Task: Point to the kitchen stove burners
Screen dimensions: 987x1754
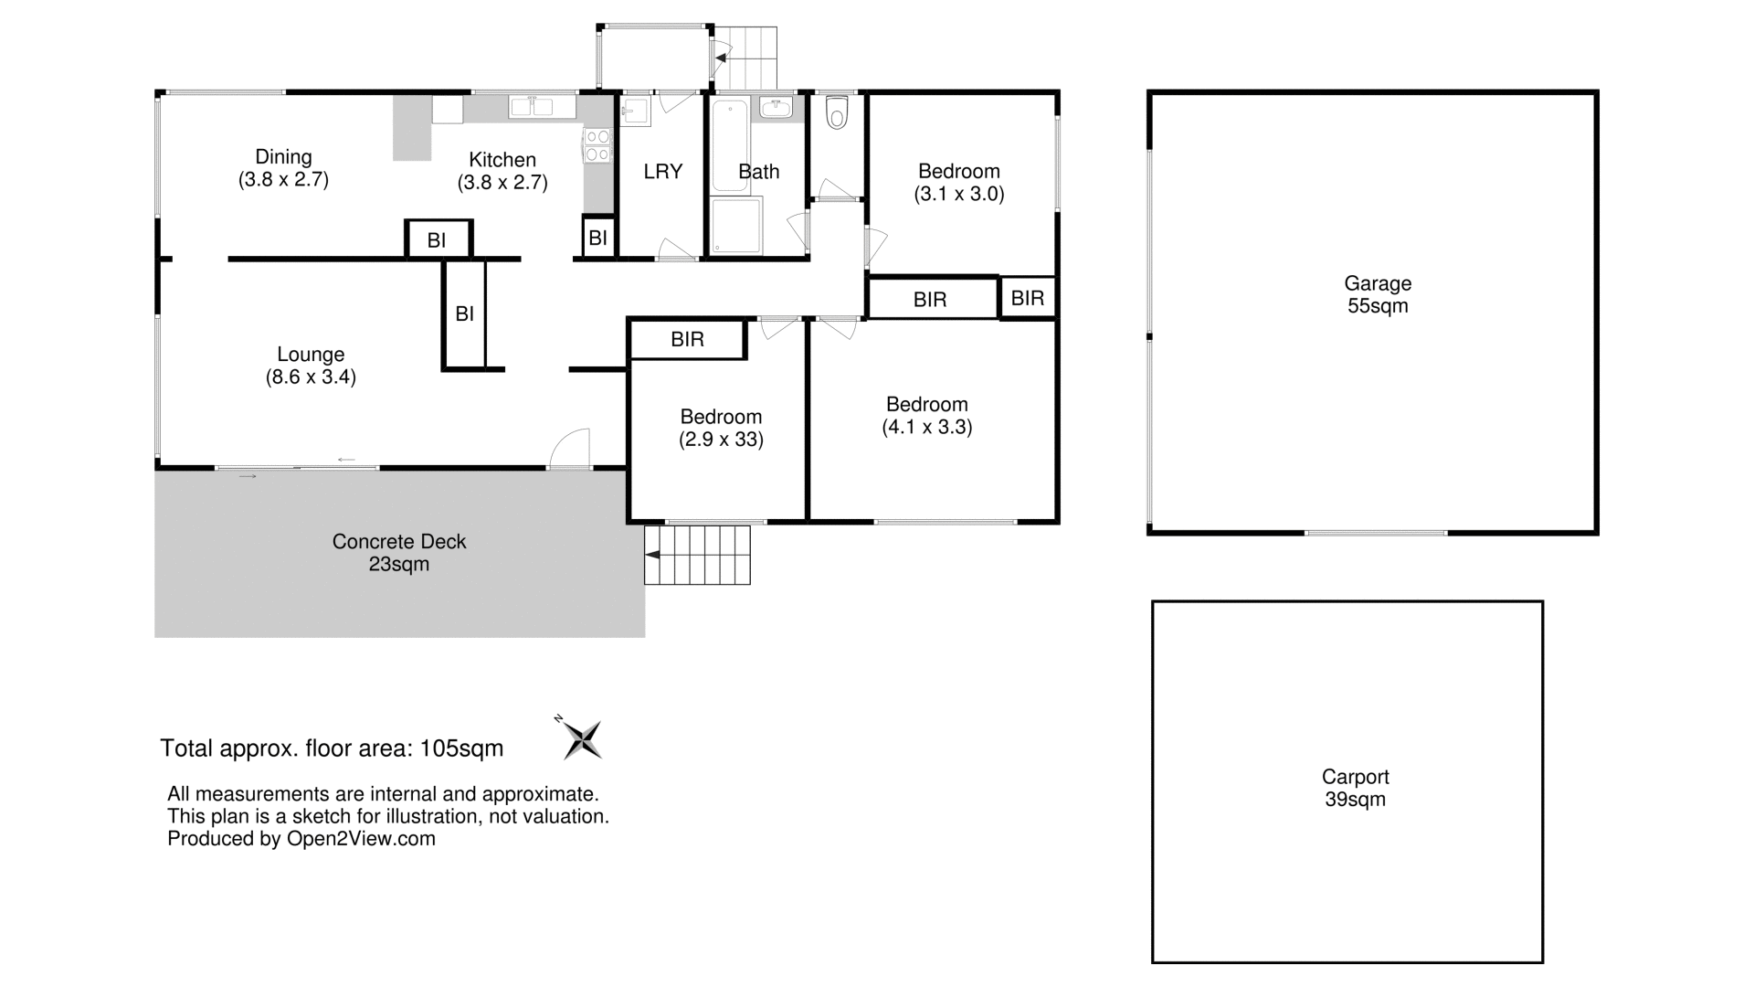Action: [597, 145]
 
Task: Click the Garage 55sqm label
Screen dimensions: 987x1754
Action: [1378, 294]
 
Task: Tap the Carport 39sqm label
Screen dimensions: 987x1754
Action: [1355, 788]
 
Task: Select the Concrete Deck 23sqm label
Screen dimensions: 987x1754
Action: [399, 553]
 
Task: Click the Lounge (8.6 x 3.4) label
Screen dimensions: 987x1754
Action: [311, 366]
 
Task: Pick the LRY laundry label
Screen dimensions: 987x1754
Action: [662, 171]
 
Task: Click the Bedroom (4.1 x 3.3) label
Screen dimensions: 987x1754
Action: [926, 415]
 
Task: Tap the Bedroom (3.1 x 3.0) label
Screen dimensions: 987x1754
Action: [958, 182]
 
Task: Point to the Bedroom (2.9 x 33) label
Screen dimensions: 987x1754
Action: [721, 428]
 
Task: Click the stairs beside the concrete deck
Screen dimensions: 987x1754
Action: [698, 554]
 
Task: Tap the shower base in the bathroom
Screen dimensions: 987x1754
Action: [736, 225]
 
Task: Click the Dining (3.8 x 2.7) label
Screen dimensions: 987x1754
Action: [283, 168]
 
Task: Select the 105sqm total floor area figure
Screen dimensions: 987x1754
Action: [461, 748]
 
